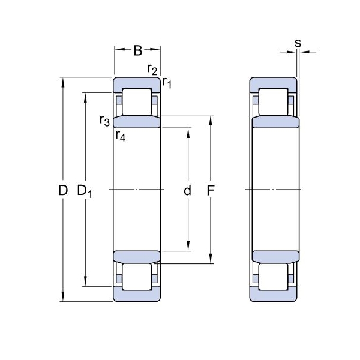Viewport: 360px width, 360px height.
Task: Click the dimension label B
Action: tap(138, 51)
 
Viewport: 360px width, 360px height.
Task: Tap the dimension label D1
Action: tap(85, 191)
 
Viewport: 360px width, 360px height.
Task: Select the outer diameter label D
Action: tap(63, 190)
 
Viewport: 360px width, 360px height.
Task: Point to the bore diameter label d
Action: tap(187, 190)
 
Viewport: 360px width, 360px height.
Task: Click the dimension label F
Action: tap(211, 190)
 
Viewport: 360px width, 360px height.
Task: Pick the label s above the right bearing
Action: tap(298, 43)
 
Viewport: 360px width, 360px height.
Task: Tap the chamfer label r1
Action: tap(167, 83)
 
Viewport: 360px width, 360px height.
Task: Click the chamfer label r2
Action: tap(152, 70)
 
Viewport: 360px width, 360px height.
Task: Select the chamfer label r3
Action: tap(104, 121)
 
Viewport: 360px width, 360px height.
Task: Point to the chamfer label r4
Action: tap(121, 136)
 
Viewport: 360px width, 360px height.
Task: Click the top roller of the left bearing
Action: tap(137, 102)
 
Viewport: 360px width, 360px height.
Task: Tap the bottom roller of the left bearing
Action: tap(137, 277)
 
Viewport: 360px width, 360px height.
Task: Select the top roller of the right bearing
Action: tap(273, 102)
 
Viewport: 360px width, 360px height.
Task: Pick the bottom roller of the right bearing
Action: tap(273, 277)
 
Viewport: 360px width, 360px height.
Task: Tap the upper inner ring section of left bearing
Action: tap(137, 122)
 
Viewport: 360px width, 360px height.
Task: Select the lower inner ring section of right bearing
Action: tap(276, 257)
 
